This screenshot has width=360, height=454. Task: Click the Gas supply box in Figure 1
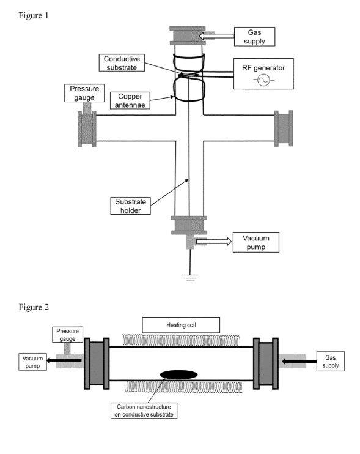tap(254, 37)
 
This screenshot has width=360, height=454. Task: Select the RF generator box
tap(263, 73)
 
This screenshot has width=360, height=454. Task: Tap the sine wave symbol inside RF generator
tap(263, 80)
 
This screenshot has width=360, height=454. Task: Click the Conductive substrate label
tap(122, 63)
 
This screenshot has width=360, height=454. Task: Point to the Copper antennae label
tap(130, 100)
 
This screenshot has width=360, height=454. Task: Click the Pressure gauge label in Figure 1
tap(84, 93)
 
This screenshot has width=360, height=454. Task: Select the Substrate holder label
tap(130, 206)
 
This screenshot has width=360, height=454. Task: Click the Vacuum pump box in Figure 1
tap(256, 242)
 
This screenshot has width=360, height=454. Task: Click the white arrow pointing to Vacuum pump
tap(214, 241)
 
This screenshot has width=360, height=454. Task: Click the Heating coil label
tap(181, 325)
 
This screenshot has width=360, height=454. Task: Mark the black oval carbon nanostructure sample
tap(178, 374)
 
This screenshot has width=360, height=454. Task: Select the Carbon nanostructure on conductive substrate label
tap(144, 411)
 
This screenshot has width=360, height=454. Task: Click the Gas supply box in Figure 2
tap(331, 362)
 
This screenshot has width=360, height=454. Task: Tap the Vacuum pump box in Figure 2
tap(32, 362)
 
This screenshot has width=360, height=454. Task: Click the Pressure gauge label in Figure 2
tap(67, 335)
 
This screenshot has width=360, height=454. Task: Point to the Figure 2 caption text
tap(34, 307)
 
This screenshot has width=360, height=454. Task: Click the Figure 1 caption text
tap(33, 15)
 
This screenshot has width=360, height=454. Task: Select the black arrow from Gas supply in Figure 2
tap(299, 361)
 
